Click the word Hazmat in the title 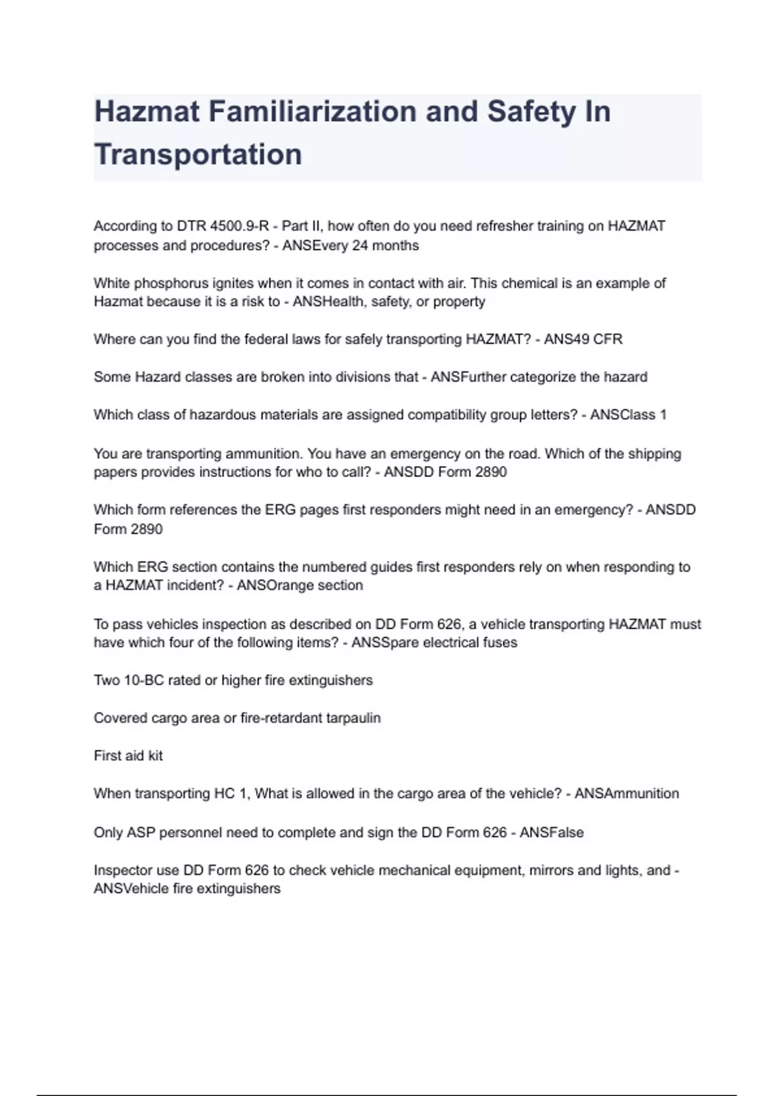(147, 112)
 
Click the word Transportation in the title (198, 155)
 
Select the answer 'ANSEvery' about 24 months (315, 246)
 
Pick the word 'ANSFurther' (468, 377)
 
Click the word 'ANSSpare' (381, 643)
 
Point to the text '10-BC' (144, 680)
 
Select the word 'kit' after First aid (155, 756)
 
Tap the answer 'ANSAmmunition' (626, 794)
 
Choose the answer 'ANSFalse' (551, 832)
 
